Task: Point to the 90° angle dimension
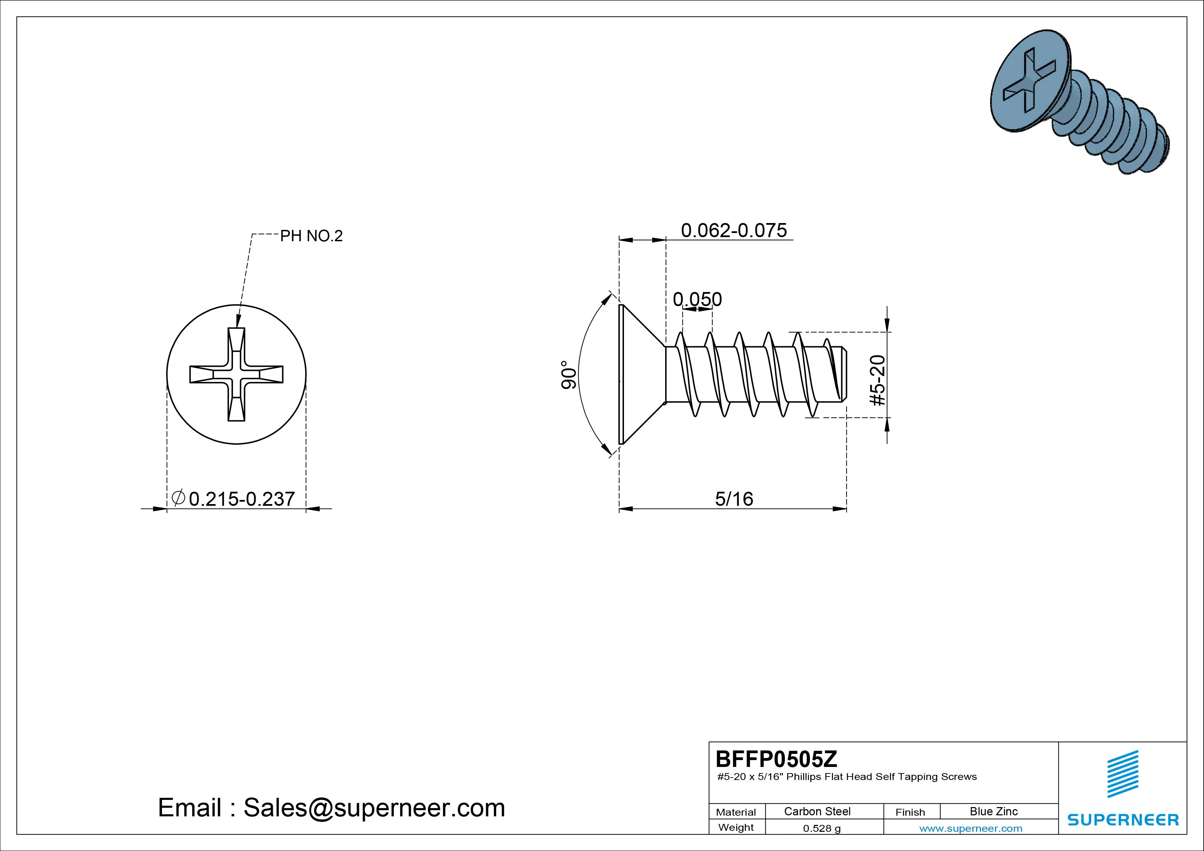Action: [568, 374]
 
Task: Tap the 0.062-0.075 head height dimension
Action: [733, 230]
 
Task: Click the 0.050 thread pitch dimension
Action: [697, 300]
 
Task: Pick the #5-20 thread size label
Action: [877, 380]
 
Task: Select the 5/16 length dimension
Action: [734, 499]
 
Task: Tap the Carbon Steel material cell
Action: [817, 811]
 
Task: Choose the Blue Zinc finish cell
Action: [994, 811]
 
